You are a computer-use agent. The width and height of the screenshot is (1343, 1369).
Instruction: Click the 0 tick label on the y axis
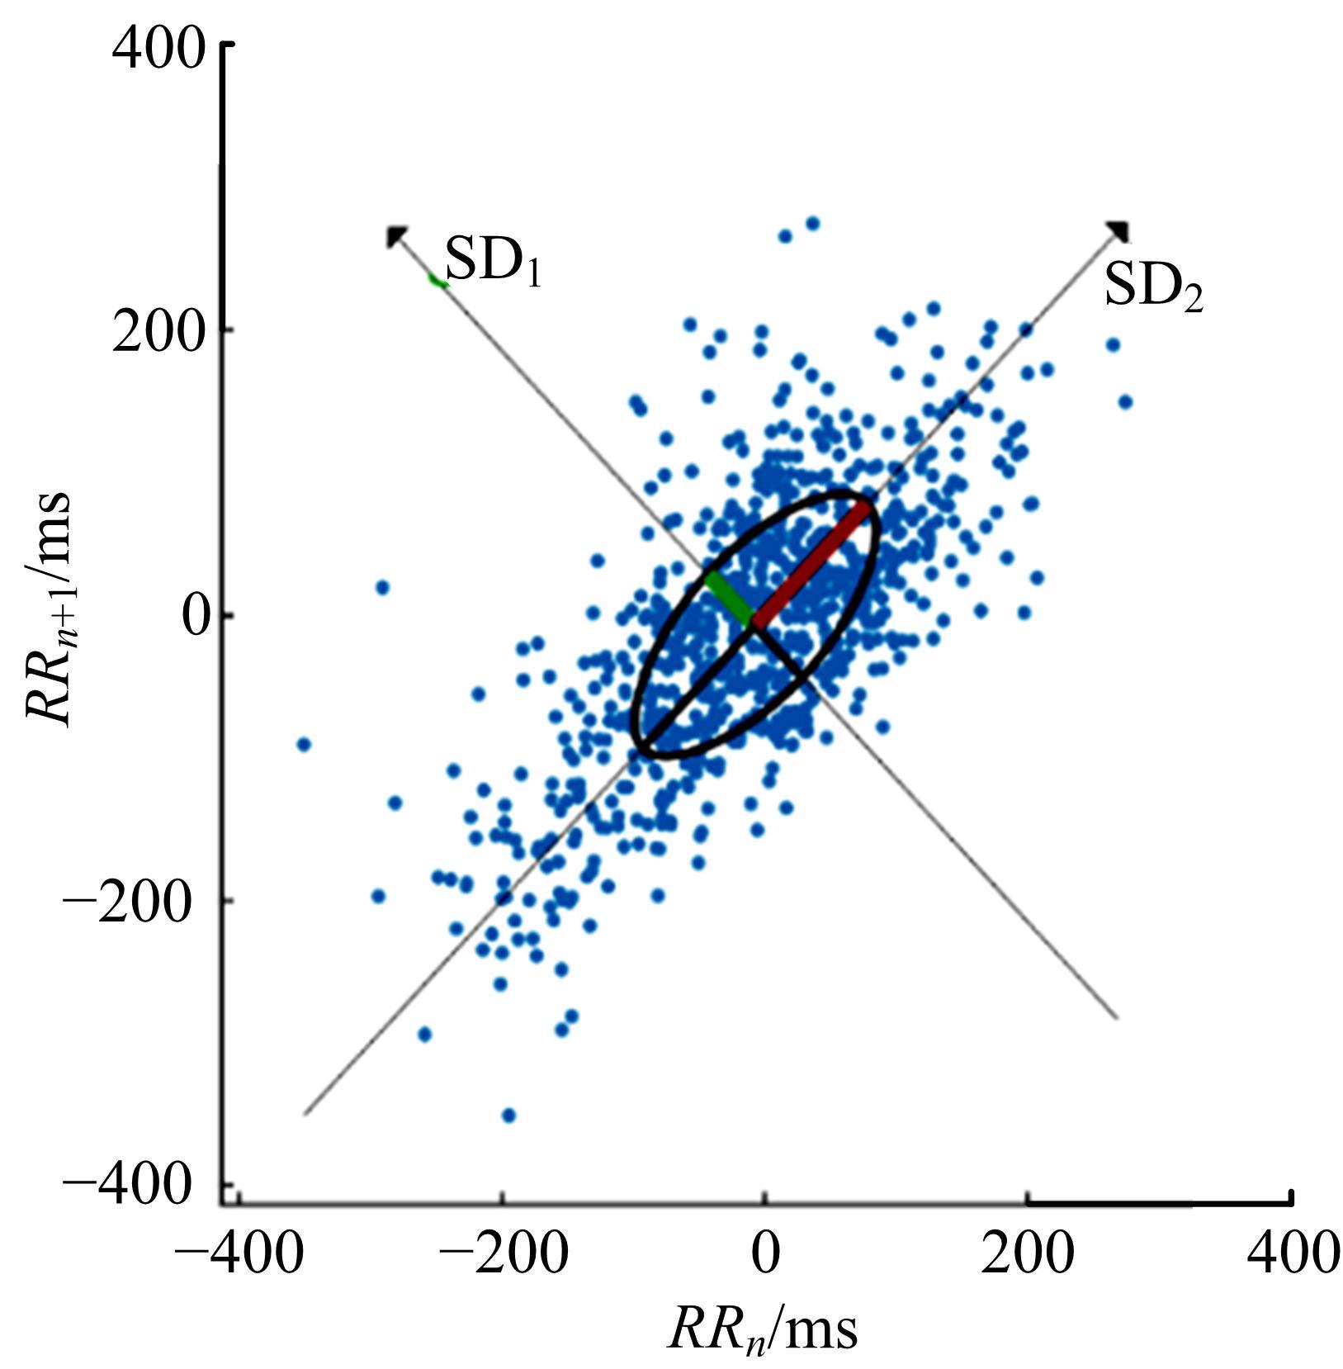195,616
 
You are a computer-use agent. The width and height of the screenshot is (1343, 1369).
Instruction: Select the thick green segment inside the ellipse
729,598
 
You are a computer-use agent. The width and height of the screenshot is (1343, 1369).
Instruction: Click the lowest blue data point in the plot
508,1116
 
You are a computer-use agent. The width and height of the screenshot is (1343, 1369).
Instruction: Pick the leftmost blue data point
304,744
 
